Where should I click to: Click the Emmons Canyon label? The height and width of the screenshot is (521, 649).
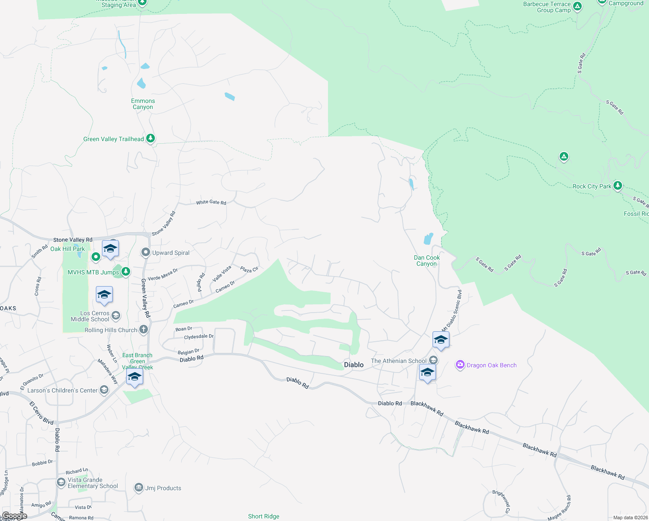(x=143, y=104)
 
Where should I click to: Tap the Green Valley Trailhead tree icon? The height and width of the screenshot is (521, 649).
(x=151, y=138)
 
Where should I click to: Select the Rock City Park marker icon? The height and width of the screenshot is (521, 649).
(x=618, y=186)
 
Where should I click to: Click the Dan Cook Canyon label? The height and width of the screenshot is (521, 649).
(x=426, y=260)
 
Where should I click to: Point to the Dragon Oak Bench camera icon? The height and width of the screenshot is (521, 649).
(x=460, y=365)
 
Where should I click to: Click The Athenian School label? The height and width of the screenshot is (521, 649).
(x=399, y=361)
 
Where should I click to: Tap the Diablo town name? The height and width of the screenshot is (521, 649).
(x=354, y=365)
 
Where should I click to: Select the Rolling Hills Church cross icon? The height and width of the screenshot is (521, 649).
(x=144, y=330)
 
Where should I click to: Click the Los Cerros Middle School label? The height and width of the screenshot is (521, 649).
(x=90, y=316)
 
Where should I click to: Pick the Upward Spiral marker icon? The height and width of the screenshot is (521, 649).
(x=146, y=252)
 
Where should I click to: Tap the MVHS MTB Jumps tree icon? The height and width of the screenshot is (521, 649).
(x=126, y=272)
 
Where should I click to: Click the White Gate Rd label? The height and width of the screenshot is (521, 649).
(x=211, y=202)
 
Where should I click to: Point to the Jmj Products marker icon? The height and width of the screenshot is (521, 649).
(x=139, y=488)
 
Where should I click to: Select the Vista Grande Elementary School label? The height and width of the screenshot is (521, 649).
(x=92, y=483)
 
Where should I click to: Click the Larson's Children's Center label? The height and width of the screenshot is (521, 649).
(x=62, y=390)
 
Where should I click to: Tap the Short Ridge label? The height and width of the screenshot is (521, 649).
(x=264, y=516)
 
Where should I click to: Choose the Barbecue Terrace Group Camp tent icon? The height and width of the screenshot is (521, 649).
(x=577, y=7)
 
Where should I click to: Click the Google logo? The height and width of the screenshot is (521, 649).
(x=15, y=516)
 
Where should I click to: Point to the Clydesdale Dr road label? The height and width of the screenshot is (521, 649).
(x=199, y=337)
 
